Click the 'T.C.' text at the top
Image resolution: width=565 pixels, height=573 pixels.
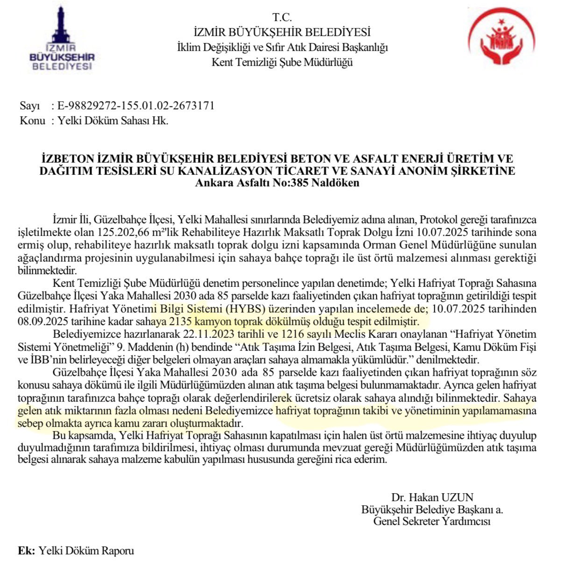pyautogui.click(x=282, y=18)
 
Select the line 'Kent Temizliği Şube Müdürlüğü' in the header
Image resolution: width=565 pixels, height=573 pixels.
pyautogui.click(x=282, y=62)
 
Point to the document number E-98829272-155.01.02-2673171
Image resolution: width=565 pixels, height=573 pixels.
pyautogui.click(x=136, y=106)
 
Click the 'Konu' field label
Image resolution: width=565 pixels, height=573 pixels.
pyautogui.click(x=32, y=120)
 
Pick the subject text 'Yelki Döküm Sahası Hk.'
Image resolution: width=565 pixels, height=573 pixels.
pyautogui.click(x=113, y=120)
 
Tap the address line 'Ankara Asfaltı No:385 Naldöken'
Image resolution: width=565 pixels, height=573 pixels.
pyautogui.click(x=277, y=183)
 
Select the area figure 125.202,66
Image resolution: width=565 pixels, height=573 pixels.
pyautogui.click(x=123, y=233)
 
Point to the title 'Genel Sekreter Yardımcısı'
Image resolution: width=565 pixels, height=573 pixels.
pyautogui.click(x=432, y=521)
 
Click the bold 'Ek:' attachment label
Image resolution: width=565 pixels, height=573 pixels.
pyautogui.click(x=26, y=551)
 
